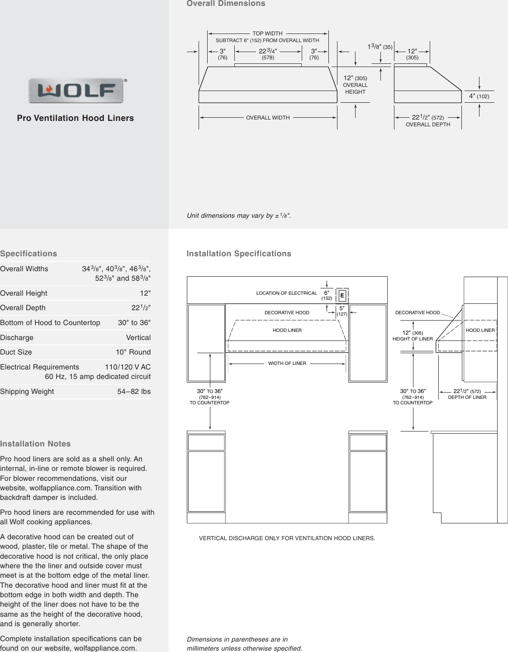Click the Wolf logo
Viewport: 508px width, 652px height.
click(76, 91)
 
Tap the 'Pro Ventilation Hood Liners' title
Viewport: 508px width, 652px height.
click(76, 118)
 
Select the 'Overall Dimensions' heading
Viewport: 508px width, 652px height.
click(226, 4)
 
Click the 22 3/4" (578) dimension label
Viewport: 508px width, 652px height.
click(268, 54)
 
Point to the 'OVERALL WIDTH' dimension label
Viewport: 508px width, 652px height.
click(268, 118)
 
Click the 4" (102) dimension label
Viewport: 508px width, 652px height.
click(479, 96)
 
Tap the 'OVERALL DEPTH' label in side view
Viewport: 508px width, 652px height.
click(428, 125)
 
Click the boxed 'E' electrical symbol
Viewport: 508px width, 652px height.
click(342, 296)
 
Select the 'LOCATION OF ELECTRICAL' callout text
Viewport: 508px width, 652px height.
click(286, 293)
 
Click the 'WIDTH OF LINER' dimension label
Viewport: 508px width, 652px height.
click(287, 363)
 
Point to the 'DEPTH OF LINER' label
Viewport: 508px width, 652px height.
click(467, 398)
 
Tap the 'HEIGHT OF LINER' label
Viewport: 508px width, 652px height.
click(413, 339)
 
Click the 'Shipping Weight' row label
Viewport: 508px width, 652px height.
click(27, 392)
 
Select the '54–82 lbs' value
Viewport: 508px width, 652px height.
click(134, 392)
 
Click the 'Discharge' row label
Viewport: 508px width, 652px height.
click(17, 338)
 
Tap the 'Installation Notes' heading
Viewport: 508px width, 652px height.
click(35, 444)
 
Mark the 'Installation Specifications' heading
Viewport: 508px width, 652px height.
click(239, 254)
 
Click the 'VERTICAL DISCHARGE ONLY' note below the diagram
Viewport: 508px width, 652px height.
click(287, 538)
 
